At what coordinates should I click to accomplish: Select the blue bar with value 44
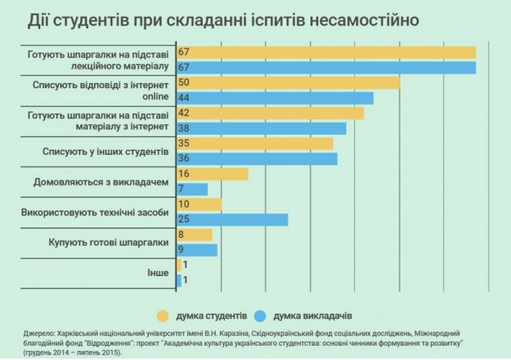(x=275, y=98)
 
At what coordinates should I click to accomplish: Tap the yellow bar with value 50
(x=288, y=83)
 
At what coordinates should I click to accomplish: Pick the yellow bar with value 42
(x=270, y=113)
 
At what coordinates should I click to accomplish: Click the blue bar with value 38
(x=261, y=128)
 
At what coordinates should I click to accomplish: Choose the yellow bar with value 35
(x=255, y=143)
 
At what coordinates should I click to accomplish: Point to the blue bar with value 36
(x=257, y=158)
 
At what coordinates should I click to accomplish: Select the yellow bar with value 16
(x=212, y=174)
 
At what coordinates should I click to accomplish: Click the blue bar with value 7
(x=192, y=189)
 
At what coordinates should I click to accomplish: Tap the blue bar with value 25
(x=232, y=219)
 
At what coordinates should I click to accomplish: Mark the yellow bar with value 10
(x=199, y=204)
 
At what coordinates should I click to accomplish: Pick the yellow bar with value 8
(x=195, y=235)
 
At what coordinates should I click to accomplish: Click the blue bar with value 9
(x=197, y=250)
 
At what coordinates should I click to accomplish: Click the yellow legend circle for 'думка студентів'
(x=162, y=315)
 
